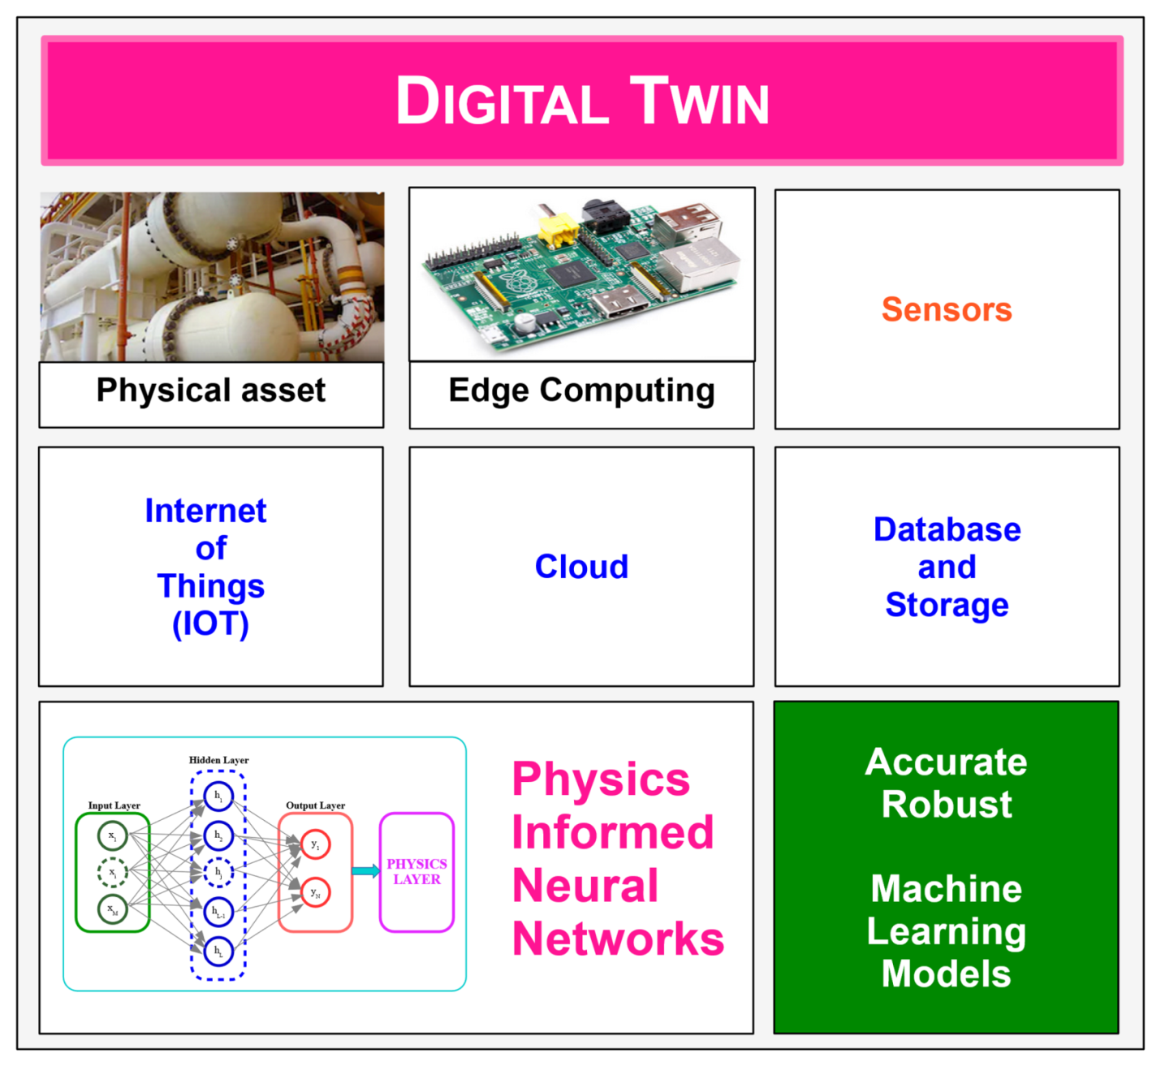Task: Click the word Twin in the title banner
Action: point(699,101)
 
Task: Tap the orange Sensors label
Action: point(947,309)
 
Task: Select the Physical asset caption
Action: point(211,391)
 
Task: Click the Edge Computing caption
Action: point(581,391)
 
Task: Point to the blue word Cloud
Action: point(581,567)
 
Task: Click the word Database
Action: point(947,529)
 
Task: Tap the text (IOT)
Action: point(210,624)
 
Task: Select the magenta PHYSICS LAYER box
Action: point(416,871)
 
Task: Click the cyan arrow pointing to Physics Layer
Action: point(365,871)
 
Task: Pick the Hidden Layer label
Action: point(218,760)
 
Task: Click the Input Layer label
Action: point(114,805)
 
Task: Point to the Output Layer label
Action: point(315,805)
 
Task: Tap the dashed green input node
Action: point(113,873)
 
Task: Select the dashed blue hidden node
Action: point(218,873)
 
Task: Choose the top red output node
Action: point(315,845)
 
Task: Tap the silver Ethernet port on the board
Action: point(701,261)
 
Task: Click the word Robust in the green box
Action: point(947,805)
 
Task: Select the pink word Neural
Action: point(585,885)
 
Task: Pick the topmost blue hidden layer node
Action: point(218,797)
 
